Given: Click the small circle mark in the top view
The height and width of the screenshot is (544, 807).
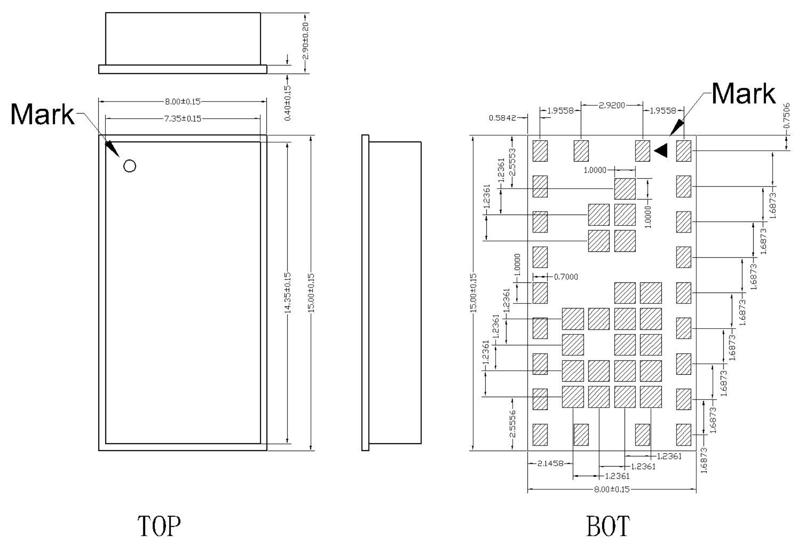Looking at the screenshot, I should tap(130, 166).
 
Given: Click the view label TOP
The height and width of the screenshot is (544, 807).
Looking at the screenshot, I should tap(159, 526).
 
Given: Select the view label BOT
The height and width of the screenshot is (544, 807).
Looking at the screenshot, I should tap(608, 526).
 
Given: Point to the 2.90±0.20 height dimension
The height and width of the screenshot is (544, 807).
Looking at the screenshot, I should tap(305, 41).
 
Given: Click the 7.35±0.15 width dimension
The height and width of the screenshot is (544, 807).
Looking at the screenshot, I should tap(183, 119).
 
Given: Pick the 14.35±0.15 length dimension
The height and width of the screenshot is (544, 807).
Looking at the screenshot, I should tap(287, 293).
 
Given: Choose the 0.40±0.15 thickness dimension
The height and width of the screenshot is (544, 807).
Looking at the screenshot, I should tap(288, 103).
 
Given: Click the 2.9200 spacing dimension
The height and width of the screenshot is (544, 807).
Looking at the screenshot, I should tap(612, 105).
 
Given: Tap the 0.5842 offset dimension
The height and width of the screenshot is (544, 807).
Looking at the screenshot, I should tap(502, 118).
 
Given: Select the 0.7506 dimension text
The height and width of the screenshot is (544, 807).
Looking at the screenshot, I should tap(786, 115).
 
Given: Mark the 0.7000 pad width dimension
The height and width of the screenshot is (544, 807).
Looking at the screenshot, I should tap(566, 277).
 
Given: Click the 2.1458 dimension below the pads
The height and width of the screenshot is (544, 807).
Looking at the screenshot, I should tap(550, 463).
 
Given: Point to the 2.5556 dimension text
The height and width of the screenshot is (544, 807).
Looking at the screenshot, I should tap(512, 424).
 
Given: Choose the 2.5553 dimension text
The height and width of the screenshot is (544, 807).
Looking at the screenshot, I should tap(512, 162).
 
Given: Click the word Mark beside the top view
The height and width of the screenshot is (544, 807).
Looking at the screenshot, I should tap(42, 114).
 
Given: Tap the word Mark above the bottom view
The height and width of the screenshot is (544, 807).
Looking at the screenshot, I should tap(743, 93).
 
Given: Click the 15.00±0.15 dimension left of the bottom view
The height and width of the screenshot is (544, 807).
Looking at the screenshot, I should tap(473, 293).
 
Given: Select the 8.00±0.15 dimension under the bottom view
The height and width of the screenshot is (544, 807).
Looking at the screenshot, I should tap(612, 489).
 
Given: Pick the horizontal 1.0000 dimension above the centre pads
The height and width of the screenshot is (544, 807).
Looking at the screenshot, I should tap(595, 170).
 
